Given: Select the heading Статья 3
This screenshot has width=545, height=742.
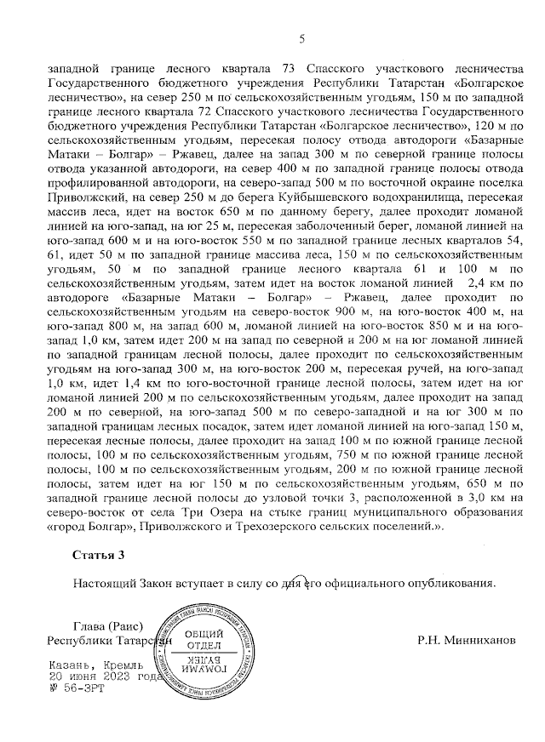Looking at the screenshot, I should (98, 556).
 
